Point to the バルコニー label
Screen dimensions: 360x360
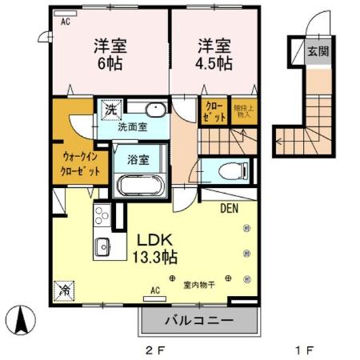(x=199, y=320)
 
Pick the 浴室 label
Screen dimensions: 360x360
(x=139, y=159)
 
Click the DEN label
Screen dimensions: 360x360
(x=230, y=209)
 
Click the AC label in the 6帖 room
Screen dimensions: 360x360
(x=64, y=22)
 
